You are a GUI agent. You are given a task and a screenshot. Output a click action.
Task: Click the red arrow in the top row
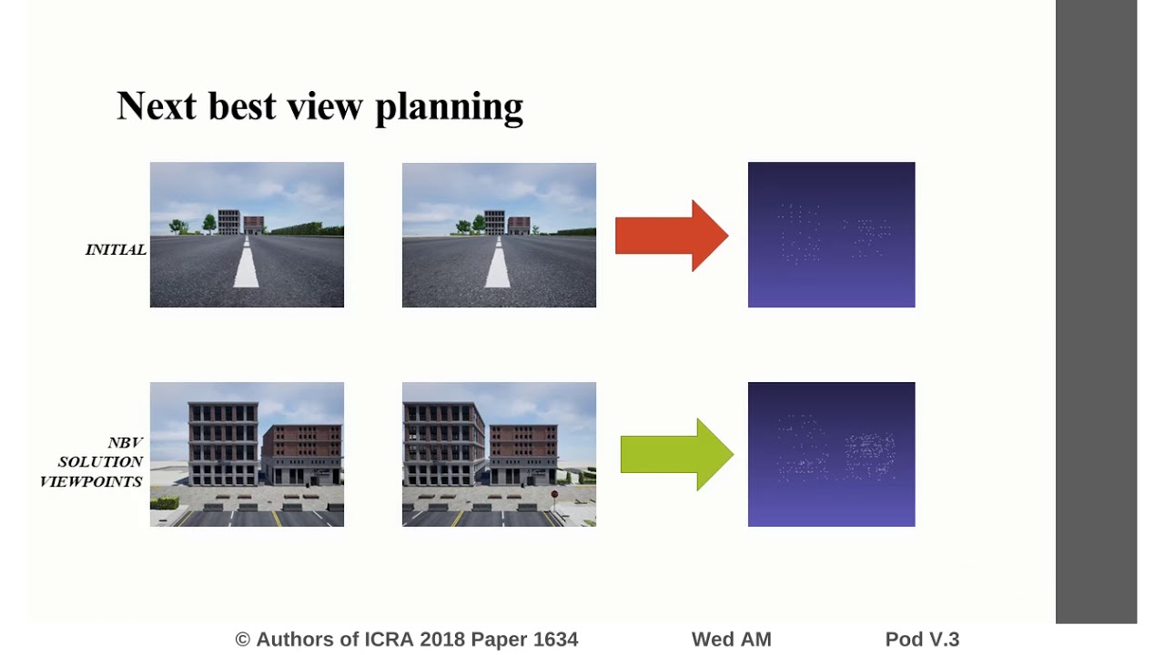pos(672,236)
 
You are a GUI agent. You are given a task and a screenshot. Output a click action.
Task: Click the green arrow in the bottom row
pos(676,454)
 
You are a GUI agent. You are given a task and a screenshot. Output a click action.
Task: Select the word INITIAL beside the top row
pos(116,249)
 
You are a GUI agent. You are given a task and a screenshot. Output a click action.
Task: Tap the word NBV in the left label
pos(125,443)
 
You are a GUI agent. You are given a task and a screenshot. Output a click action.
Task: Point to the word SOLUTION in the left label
pos(100,462)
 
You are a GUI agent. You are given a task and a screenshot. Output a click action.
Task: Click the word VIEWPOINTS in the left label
pos(91,481)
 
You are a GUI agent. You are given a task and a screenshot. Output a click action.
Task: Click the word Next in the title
pos(157,106)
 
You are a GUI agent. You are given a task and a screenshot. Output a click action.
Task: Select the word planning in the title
pos(449,107)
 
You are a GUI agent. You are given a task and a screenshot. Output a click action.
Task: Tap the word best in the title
pos(242,106)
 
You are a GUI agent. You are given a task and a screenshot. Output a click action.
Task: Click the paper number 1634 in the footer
pos(555,640)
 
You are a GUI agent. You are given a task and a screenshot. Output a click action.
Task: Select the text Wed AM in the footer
pos(731,640)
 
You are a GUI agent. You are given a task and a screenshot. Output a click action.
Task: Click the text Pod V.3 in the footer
pos(922,640)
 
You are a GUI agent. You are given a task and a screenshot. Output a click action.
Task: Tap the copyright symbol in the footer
pos(243,640)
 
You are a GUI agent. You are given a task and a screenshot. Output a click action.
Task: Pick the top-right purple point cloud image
pos(831,235)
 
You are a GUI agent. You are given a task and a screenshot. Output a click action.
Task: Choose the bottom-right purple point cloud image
pos(831,454)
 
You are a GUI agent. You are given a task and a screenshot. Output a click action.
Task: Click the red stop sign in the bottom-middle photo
pos(554,495)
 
